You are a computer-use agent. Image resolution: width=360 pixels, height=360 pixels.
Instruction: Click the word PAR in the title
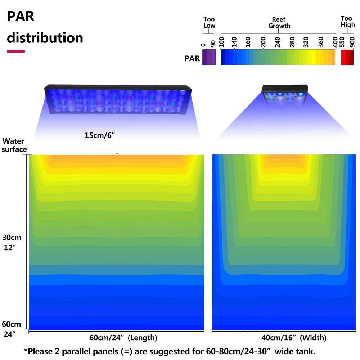click(21, 17)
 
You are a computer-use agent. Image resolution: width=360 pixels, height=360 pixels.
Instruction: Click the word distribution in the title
click(45, 37)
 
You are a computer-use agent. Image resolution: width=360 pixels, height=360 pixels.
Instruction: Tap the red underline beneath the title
click(16, 51)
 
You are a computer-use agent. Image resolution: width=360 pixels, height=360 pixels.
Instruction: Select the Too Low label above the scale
click(209, 22)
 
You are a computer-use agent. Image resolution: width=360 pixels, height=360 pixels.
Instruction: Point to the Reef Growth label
click(279, 22)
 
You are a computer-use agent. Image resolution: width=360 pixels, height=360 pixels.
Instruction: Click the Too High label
click(347, 22)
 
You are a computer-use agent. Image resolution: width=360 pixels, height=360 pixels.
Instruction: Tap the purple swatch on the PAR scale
click(209, 57)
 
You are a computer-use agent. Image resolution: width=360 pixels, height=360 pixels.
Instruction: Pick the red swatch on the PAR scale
click(347, 57)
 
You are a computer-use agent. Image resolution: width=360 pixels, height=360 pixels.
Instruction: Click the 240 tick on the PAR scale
click(277, 42)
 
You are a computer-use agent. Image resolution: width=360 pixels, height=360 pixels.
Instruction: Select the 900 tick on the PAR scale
click(352, 42)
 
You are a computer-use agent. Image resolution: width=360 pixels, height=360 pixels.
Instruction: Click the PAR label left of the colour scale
click(192, 58)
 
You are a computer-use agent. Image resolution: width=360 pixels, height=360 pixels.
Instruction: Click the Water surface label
click(14, 145)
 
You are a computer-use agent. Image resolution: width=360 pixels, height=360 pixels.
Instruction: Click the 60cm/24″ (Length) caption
click(123, 338)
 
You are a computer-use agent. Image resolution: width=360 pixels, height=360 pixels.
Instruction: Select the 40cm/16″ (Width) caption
click(294, 338)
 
